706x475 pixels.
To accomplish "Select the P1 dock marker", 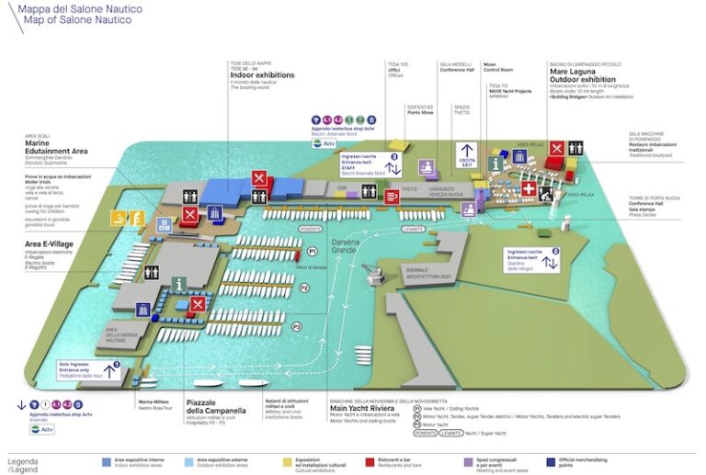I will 312,250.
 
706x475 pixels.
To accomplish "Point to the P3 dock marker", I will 296,325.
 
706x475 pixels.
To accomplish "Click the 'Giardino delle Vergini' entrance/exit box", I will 533,258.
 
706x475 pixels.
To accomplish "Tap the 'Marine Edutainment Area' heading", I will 55,148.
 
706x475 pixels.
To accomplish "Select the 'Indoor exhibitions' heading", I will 263,74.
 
